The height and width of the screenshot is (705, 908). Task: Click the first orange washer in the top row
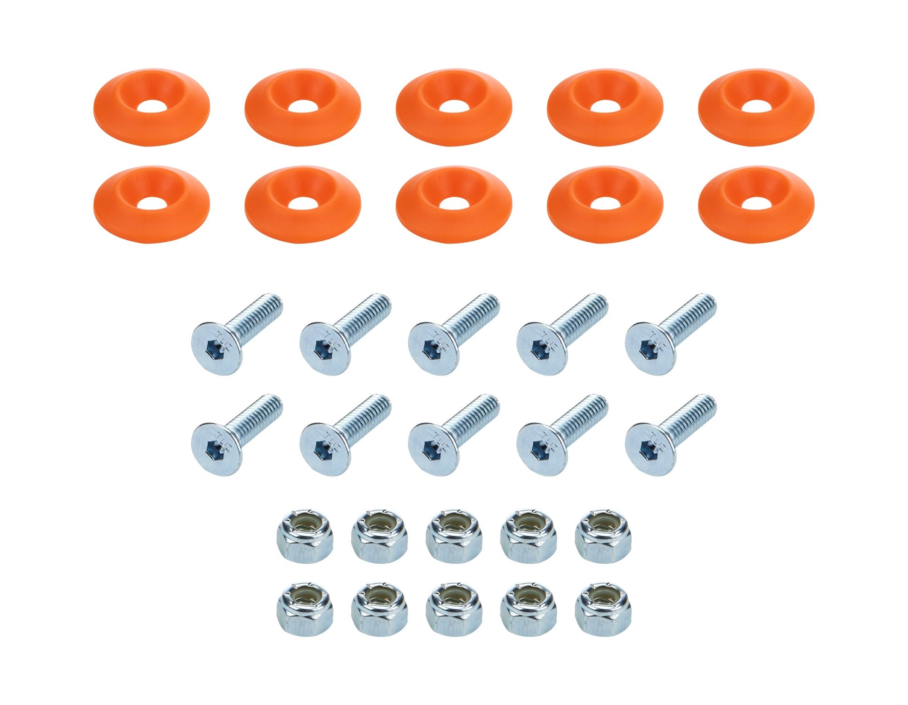pos(151,108)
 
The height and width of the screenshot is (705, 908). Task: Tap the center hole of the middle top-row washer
pos(453,107)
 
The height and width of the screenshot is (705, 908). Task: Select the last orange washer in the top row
pos(756,108)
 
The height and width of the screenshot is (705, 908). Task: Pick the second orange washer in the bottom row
pos(302,204)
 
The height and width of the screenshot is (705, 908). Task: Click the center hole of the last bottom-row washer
pos(756,203)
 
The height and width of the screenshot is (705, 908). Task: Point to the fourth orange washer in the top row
pos(605,108)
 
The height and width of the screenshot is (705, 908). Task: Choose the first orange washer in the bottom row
pos(151,204)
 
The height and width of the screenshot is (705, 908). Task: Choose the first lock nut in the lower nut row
pos(305,610)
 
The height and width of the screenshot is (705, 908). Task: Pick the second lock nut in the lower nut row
pos(379,610)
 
